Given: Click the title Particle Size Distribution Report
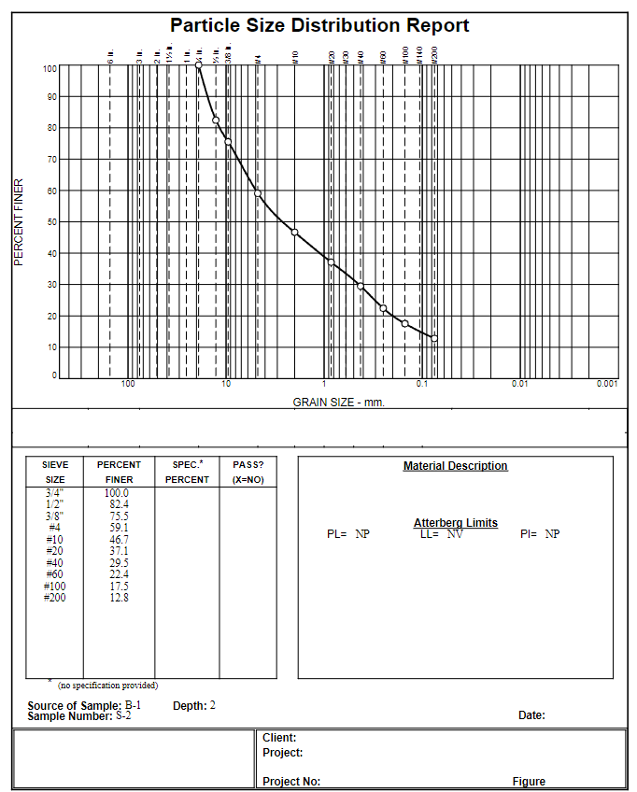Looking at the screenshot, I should (319, 25).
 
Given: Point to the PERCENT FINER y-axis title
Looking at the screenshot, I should (18, 222).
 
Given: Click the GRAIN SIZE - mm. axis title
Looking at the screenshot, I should (338, 403).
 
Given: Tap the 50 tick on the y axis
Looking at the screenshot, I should (50, 222).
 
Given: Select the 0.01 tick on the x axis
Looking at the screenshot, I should (520, 384).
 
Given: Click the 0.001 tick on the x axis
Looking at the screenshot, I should (607, 384).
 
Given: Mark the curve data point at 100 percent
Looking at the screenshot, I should (199, 66).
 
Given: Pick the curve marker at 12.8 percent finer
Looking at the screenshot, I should (434, 338).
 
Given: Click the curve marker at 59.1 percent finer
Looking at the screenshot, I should (258, 194).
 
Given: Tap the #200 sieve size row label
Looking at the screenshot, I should (55, 598).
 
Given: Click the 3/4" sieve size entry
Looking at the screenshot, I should (55, 492).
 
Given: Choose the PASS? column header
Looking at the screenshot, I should (248, 464).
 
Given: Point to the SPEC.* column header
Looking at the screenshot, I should (187, 464).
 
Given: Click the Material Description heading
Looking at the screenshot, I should (455, 466).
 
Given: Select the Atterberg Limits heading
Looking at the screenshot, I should (455, 523).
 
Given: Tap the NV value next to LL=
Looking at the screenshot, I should (454, 534).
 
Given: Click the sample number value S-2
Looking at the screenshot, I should (123, 716).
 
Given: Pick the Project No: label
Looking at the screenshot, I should (291, 782).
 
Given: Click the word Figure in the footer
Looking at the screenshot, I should (529, 782).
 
